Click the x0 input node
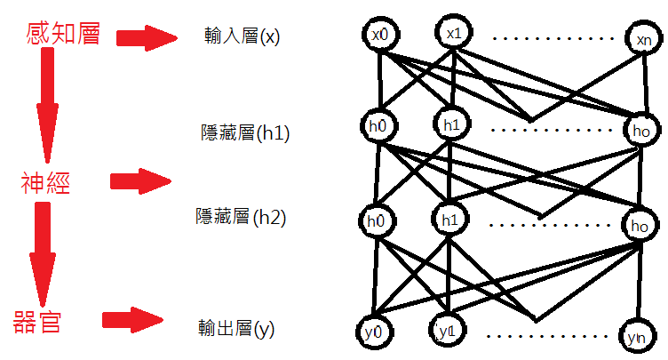380,36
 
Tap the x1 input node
453,34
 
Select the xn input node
642,39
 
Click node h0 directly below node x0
377,124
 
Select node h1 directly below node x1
450,124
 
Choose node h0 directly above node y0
377,220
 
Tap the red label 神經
46,184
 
